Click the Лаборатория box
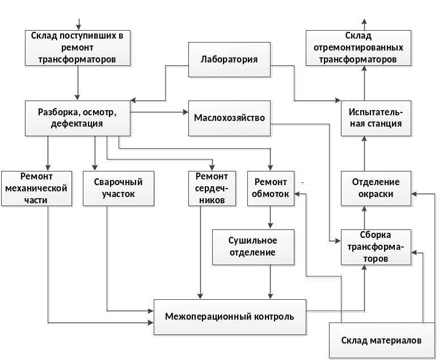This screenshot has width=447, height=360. pos(229,60)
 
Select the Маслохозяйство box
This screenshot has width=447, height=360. pos(229,119)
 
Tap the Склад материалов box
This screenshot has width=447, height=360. pos(381,341)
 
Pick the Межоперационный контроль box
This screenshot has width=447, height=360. pos(229,316)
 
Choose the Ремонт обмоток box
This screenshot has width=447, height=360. pos(271,187)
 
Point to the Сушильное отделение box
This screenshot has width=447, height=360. pos(252,246)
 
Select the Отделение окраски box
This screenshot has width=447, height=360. pos(376,188)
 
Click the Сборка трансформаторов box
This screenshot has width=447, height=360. pos(376,246)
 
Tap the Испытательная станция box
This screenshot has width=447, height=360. pos(376,118)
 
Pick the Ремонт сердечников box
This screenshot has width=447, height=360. pos(211,187)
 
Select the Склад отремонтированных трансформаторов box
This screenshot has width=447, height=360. pos(357,48)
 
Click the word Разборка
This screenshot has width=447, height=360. pos(57,112)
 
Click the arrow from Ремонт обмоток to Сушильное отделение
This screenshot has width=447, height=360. pos(271,217)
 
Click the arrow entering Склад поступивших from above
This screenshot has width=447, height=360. pos(79,23)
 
